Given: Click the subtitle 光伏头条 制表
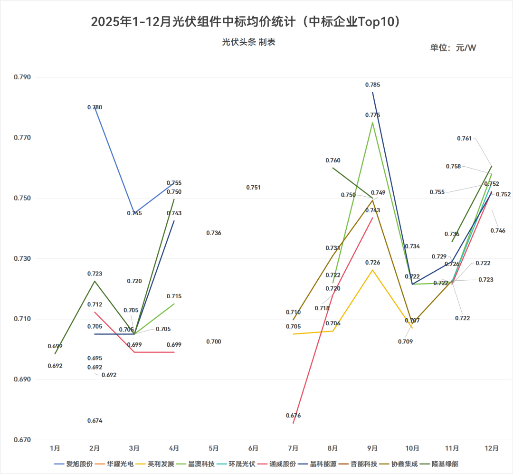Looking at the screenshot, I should point(248,42).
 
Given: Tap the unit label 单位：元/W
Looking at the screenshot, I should point(453,47).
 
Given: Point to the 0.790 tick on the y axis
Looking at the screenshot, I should point(22,77).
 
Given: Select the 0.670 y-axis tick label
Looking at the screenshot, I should point(22,440).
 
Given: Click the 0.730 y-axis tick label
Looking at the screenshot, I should point(22,259).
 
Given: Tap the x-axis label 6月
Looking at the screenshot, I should point(253,448).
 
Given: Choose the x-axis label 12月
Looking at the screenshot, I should point(491,448).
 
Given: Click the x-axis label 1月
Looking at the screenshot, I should point(55,448).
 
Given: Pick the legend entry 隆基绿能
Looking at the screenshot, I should point(446,464).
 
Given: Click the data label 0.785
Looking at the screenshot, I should point(372,85).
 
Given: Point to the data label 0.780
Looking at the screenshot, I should point(95,107).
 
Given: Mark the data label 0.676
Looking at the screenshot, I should point(293,416).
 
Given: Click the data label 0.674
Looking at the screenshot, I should point(95,420).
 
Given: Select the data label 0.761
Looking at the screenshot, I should point(465,138).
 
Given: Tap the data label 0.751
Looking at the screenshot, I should point(253,188).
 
